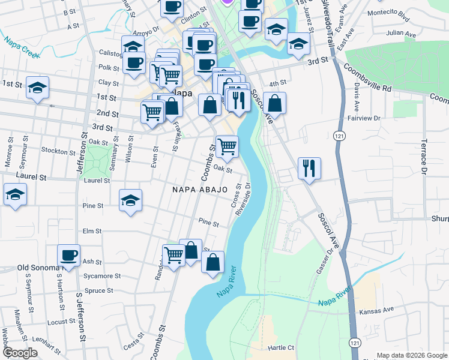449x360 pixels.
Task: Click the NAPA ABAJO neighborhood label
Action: tap(200, 189)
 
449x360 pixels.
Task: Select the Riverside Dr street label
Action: tap(244, 199)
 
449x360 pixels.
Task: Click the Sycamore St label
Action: tap(102, 277)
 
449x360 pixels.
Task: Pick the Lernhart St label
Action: tap(50, 340)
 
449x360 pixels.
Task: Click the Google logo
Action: tap(20, 353)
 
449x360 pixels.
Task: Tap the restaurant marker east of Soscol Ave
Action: tap(309, 168)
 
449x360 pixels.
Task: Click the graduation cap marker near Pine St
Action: tap(130, 200)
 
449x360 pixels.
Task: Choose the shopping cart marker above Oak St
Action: tap(227, 145)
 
